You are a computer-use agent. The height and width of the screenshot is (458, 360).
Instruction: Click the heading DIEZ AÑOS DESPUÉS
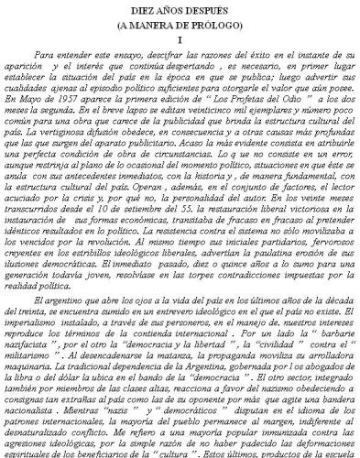[180, 9]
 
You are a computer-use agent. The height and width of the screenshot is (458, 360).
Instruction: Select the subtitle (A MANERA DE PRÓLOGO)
[180, 25]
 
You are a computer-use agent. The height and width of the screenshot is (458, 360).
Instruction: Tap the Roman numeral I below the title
[180, 41]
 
